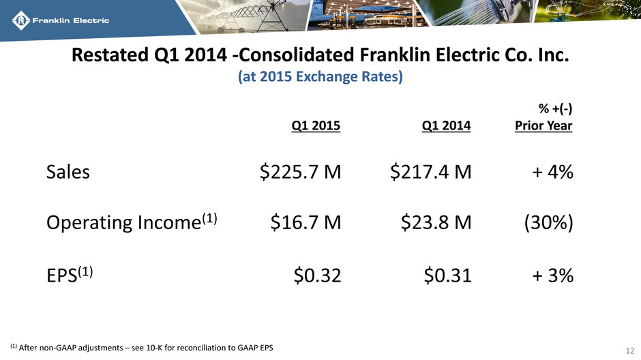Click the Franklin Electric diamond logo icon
pos(21,20)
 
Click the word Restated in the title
pos(110,55)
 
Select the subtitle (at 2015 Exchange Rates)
pos(320,76)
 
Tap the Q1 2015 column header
pos(316,125)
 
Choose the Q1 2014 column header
pos(446,125)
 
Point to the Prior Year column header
pos(543,125)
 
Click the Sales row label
pos(68,172)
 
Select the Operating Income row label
pos(132,222)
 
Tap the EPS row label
pos(70,275)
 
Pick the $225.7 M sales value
pos(300,172)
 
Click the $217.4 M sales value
pos(430,172)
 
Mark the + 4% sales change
pos(552,172)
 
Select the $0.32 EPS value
pos(317,275)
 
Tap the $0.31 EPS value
pos(447,275)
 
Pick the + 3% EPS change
pos(552,275)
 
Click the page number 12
pos(629,350)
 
